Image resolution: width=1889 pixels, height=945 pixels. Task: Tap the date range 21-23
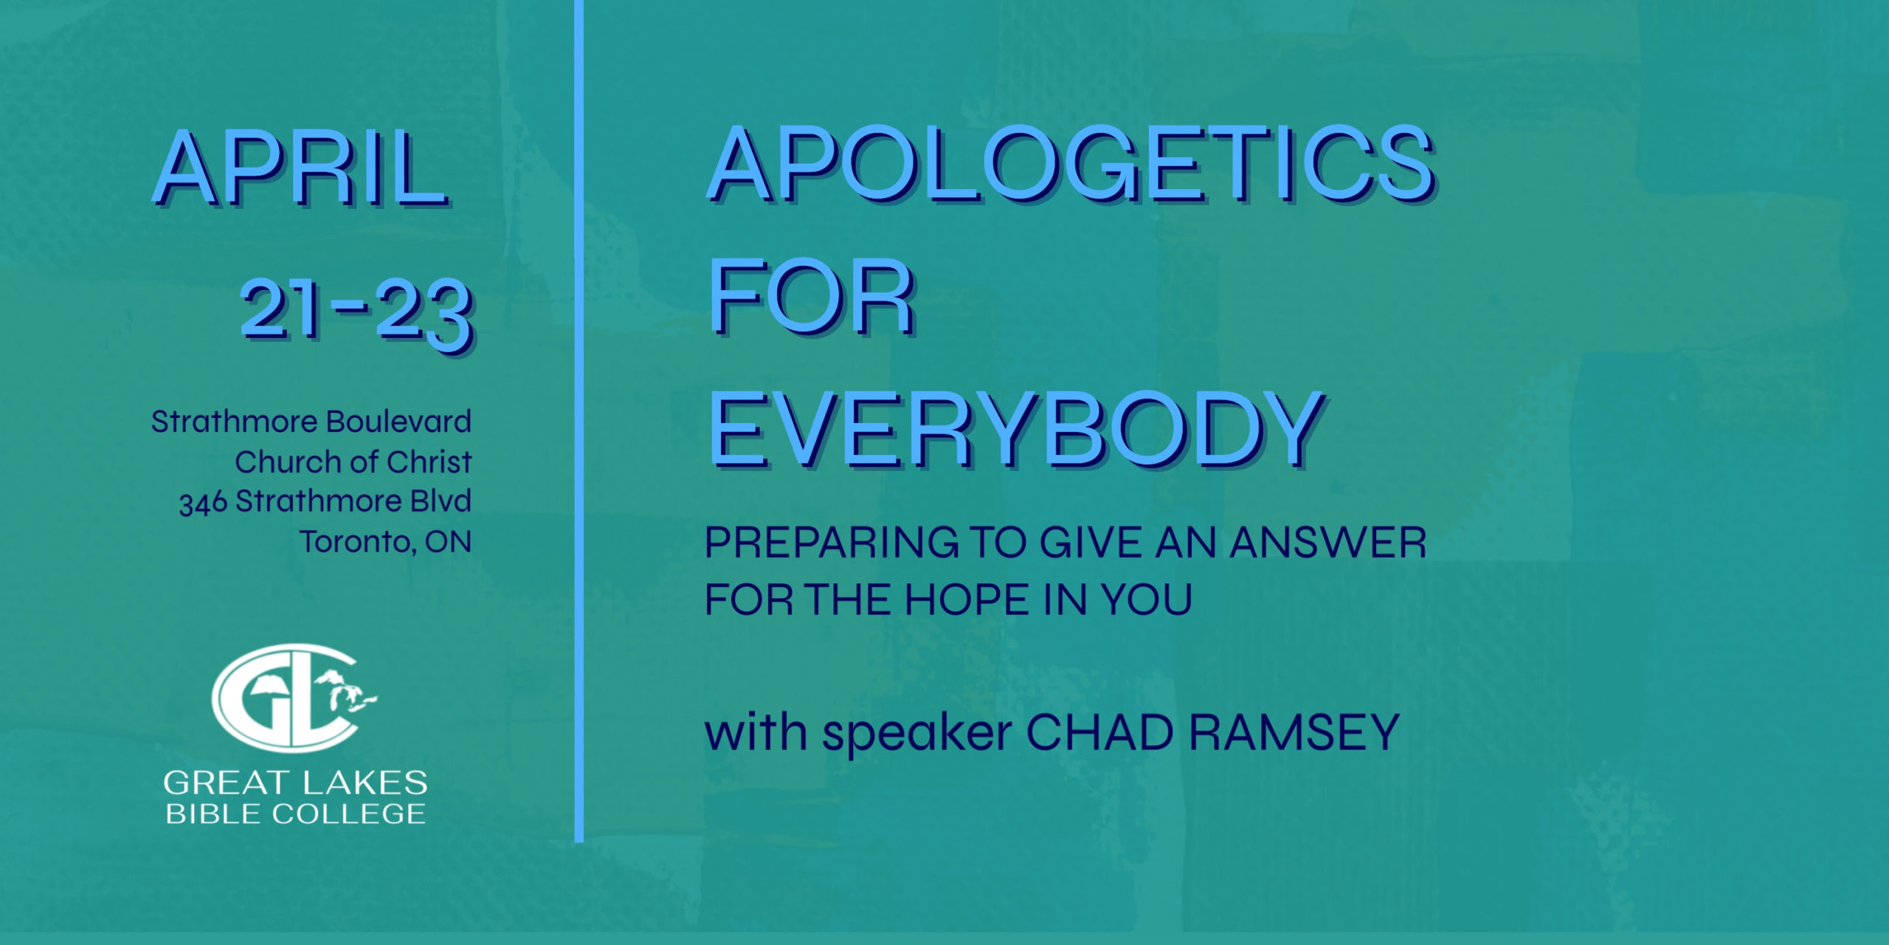point(356,313)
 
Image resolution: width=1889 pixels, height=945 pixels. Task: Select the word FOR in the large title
point(812,299)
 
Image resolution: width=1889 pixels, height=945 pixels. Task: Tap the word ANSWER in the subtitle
point(1327,543)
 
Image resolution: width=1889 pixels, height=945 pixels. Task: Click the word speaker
point(917,734)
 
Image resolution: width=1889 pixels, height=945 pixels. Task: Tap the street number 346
point(203,503)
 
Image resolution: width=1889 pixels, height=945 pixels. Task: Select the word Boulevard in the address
point(398,422)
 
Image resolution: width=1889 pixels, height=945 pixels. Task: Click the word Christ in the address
point(429,461)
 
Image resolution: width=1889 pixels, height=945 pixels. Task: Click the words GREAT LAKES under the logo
point(295,783)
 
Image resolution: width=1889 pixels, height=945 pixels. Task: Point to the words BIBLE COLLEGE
point(295,814)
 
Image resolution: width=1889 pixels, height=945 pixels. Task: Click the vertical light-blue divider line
point(579,421)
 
